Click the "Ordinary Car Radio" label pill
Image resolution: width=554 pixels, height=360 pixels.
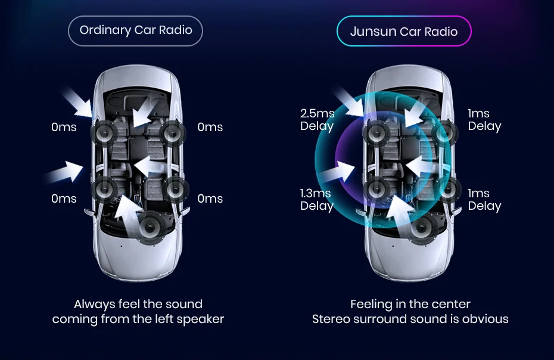pos(136,30)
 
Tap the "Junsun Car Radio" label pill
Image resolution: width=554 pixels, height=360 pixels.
pos(404,32)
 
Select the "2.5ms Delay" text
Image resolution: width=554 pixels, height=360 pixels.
pos(317,120)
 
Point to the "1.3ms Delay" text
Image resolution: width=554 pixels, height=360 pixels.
pos(316,200)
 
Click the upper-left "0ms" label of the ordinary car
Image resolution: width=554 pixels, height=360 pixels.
pos(64,127)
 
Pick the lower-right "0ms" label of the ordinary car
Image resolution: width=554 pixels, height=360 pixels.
pos(210,198)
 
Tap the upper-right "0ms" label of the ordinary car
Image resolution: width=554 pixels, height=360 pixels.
pos(210,127)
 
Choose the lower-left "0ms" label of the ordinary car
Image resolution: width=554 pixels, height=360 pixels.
pos(64,198)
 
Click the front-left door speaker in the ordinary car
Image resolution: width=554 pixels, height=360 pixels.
pos(104,132)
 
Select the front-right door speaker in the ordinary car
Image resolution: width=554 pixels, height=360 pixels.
pos(172,132)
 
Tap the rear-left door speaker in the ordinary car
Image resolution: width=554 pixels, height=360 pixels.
pos(104,189)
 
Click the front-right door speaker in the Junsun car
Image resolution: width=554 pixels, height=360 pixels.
pos(445,132)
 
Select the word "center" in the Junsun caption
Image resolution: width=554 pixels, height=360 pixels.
pos(450,304)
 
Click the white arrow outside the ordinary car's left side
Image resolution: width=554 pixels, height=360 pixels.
pos(65,171)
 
